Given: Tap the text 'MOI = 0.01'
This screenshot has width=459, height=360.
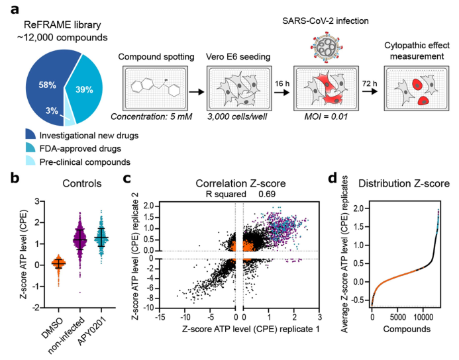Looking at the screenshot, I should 320,135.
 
